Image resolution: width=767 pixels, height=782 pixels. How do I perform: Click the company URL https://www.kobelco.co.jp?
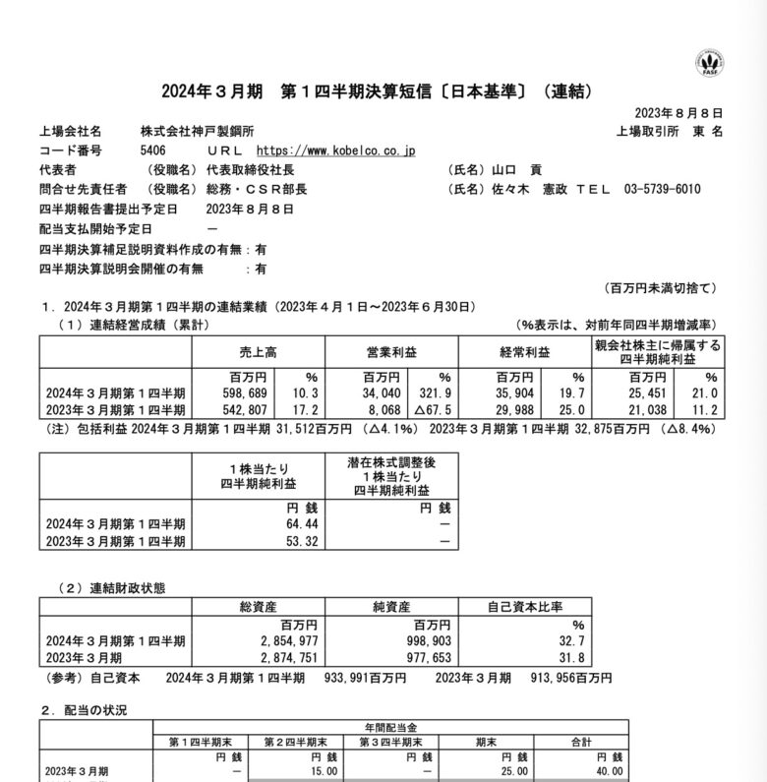pos(336,150)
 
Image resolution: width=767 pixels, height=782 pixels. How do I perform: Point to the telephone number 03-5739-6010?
pos(662,189)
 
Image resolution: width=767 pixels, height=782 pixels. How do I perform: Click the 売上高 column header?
pos(260,352)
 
